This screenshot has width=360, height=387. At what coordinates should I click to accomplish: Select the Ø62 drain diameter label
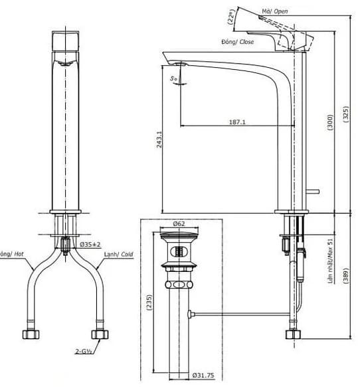pyautogui.click(x=179, y=224)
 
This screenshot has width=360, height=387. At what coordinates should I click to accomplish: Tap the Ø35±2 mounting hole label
pyautogui.click(x=90, y=244)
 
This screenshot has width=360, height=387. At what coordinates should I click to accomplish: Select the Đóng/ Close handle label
pyautogui.click(x=238, y=41)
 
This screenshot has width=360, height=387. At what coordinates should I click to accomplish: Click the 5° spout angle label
pyautogui.click(x=174, y=78)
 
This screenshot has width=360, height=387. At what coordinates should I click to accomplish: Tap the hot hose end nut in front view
pyautogui.click(x=30, y=332)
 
